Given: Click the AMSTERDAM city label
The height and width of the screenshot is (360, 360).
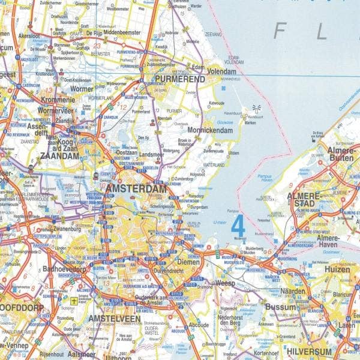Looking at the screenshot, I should tap(136, 188).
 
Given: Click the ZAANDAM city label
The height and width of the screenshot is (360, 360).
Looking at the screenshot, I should tap(59, 155).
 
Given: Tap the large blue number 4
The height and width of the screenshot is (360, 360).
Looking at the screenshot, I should tap(238, 227).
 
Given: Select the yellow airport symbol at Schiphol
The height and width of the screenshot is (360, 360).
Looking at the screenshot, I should tap(73, 301).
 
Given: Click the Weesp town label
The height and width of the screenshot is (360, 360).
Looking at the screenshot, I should tap(226, 282).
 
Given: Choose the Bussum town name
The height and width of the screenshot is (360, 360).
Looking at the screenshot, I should tap(281, 307).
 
